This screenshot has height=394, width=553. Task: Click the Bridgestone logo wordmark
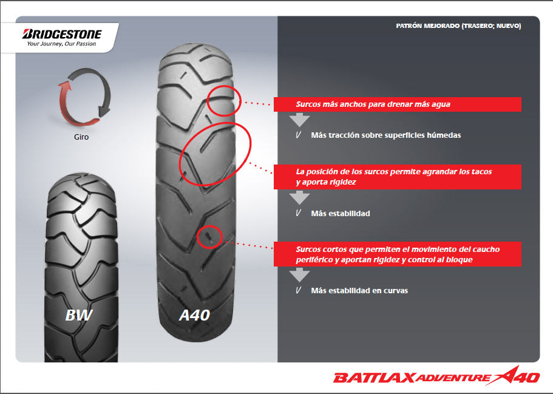[x=62, y=34]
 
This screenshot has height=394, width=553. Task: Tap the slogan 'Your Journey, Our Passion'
[x=62, y=44]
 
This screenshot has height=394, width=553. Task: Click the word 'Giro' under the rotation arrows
[x=81, y=137]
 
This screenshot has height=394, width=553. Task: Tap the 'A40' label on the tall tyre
[x=195, y=315]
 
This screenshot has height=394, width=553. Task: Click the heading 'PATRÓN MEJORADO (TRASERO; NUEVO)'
[x=458, y=26]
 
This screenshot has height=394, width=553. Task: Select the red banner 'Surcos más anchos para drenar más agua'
[x=398, y=104]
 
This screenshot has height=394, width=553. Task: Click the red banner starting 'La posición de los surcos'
[x=398, y=177]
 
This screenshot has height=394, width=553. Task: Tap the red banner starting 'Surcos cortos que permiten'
[x=398, y=254]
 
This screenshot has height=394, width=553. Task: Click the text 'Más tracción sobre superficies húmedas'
[x=385, y=135]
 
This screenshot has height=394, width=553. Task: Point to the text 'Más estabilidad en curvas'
[x=359, y=290]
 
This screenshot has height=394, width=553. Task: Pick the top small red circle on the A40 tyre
[x=223, y=100]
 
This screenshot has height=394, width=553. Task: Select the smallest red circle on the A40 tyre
[x=210, y=236]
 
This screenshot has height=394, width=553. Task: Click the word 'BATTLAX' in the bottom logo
[x=374, y=378]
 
